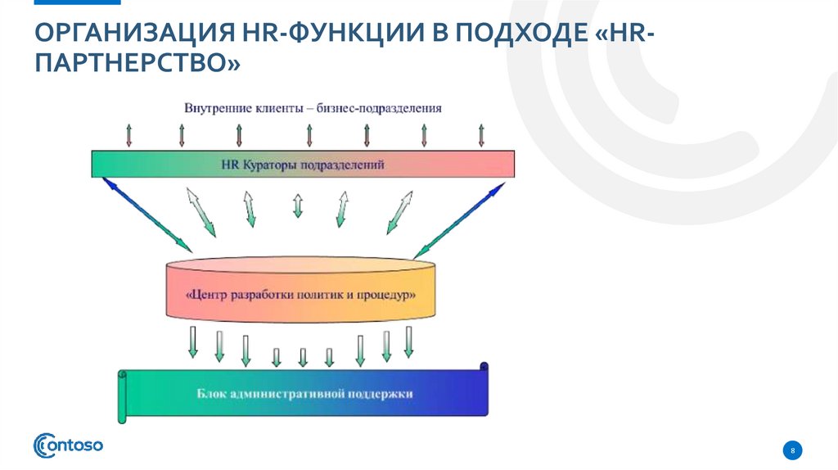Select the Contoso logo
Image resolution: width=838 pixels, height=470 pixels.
pos(68,445)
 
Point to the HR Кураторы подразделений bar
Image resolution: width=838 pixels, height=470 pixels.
pos(303,165)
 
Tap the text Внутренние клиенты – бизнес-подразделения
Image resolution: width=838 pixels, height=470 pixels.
pos(313,108)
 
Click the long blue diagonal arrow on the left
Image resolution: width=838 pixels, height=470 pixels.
pos(146,214)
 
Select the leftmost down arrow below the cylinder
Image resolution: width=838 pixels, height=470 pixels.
pos(193,341)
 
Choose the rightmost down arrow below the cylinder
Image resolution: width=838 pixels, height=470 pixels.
pos(408,341)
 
